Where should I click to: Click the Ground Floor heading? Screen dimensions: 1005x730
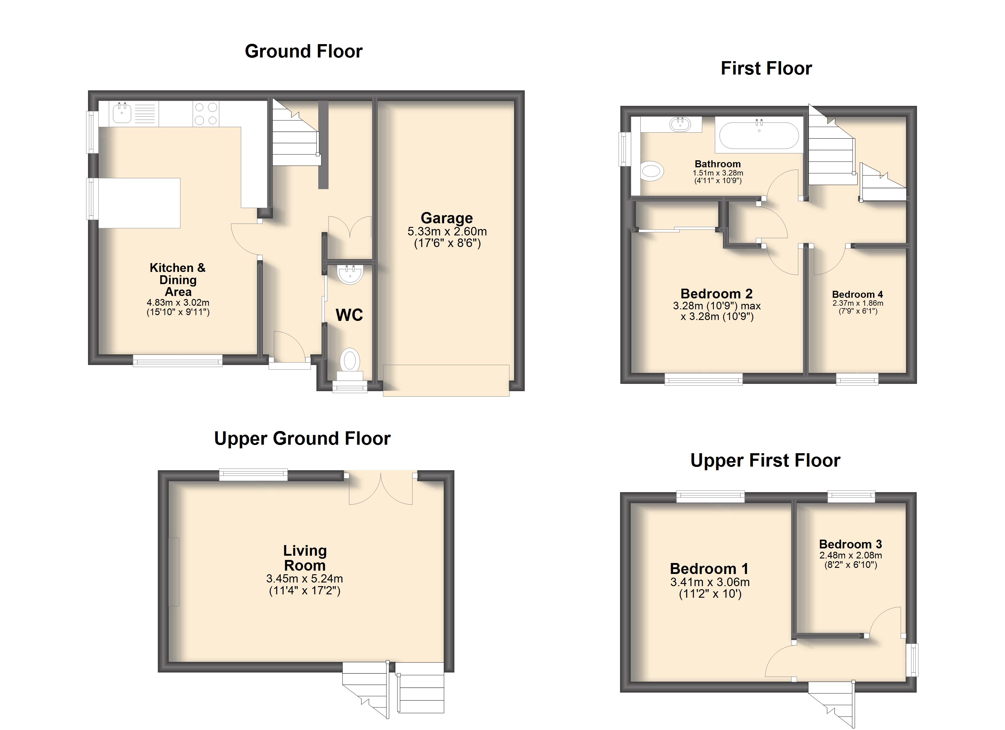(304, 51)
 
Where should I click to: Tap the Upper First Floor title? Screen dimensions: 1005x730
(765, 461)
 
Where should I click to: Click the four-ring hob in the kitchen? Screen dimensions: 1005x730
(206, 114)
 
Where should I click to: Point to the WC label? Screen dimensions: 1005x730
(349, 315)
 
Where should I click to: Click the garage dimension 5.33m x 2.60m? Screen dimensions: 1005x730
(447, 231)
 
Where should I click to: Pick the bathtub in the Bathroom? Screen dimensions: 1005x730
(759, 135)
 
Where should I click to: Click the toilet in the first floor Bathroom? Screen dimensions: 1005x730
(653, 170)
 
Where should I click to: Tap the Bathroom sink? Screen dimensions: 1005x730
(681, 124)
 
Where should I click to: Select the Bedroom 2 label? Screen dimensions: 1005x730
(717, 294)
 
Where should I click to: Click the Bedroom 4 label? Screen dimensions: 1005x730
(857, 294)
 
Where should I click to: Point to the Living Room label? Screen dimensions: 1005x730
(305, 558)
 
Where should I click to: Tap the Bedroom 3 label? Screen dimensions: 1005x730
(850, 544)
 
